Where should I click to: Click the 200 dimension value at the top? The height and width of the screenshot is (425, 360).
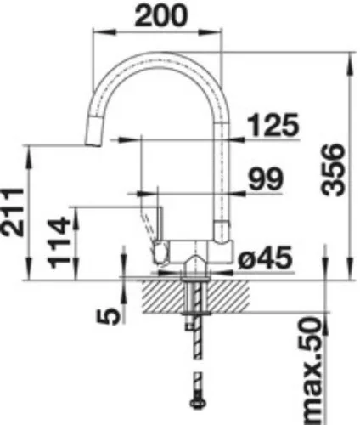(160, 15)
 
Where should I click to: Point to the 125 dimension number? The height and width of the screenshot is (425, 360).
(273, 124)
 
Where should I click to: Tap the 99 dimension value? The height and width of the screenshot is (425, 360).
(266, 178)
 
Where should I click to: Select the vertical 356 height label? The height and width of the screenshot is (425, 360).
(334, 170)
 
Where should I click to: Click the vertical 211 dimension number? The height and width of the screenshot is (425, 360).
(13, 212)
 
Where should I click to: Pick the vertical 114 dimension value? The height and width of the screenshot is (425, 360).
(59, 242)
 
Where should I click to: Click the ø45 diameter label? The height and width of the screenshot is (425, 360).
(265, 258)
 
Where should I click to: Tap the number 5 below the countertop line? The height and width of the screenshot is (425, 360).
(108, 316)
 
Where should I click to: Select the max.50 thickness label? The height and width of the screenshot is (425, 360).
(311, 371)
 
